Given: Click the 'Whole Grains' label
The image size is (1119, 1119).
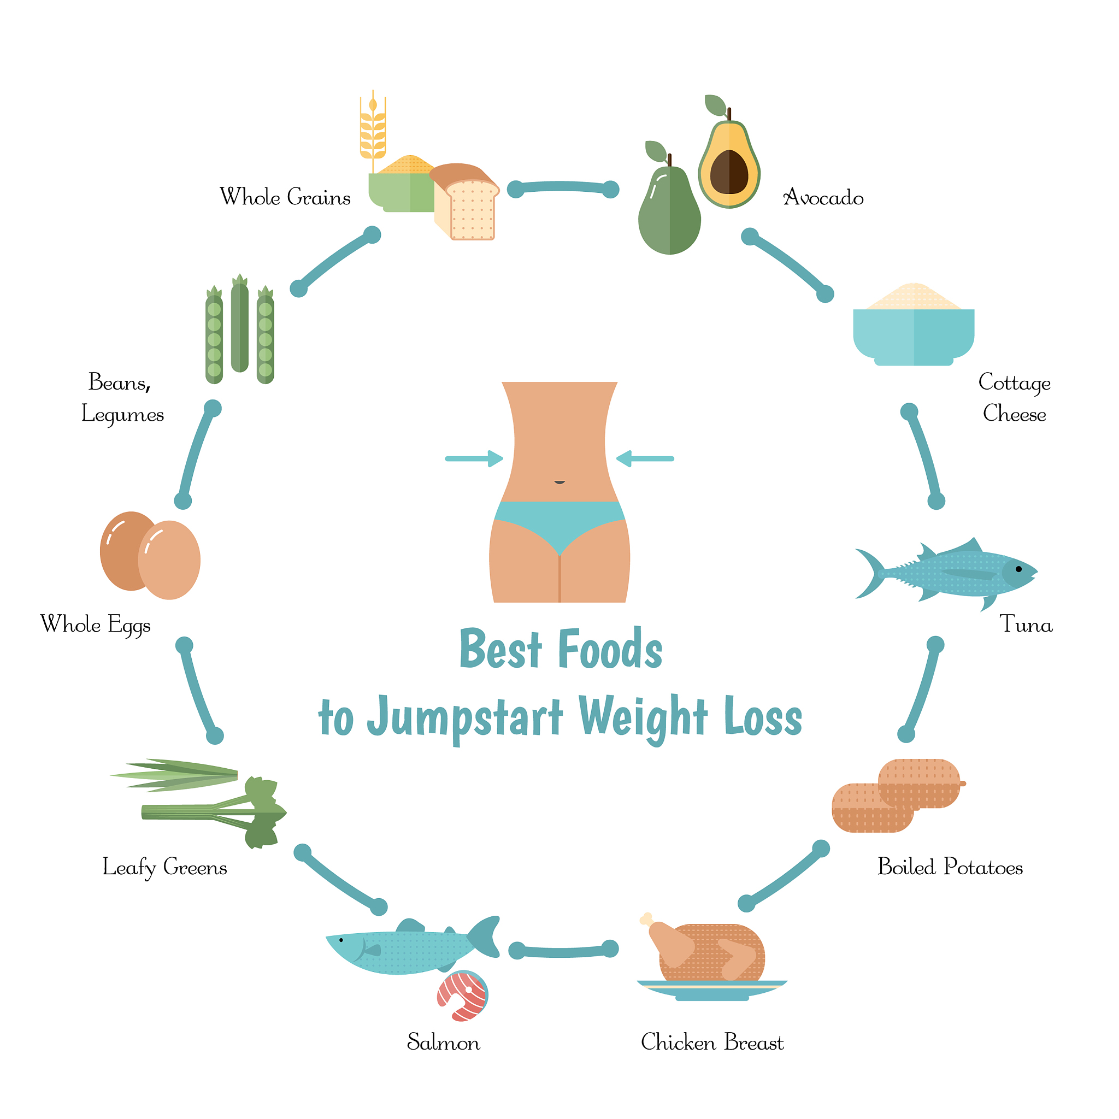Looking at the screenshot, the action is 285,197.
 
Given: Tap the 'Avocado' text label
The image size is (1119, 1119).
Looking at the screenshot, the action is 823,197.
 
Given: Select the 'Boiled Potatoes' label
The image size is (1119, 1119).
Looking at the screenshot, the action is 950,867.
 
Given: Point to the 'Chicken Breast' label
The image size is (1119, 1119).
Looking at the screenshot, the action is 712,1043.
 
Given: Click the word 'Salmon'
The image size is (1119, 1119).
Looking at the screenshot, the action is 443,1043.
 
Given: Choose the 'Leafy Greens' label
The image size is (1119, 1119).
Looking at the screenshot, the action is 164,868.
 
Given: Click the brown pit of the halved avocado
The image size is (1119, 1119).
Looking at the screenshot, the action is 729,172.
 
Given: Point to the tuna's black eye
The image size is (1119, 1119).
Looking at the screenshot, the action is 1018,569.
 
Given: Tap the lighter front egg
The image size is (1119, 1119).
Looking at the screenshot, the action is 169,560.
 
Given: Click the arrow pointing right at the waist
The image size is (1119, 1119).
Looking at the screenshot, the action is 474,459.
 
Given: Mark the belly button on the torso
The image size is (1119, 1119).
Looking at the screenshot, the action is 559,482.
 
